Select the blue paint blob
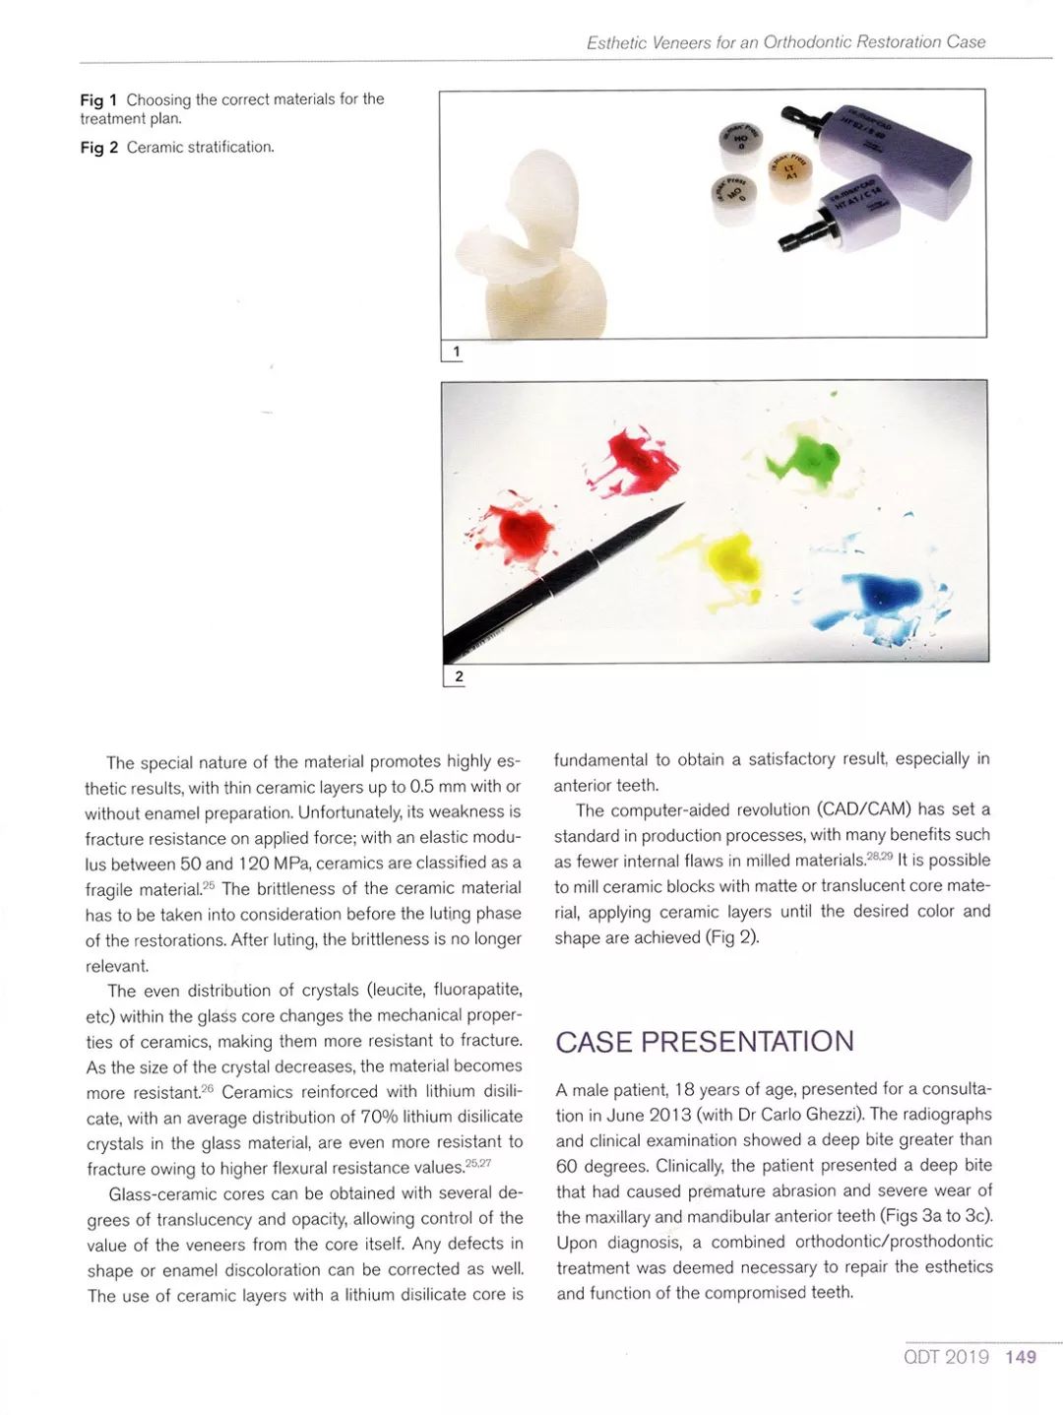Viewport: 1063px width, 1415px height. (884, 594)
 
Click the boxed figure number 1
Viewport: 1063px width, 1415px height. (455, 352)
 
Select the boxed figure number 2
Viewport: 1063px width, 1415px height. (458, 676)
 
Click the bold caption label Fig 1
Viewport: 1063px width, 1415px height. (98, 99)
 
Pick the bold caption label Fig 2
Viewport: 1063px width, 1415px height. (98, 148)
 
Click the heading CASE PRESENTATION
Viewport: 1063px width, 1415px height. (705, 1042)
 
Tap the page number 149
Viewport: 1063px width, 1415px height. (1021, 1357)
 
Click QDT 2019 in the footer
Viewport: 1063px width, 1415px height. (946, 1357)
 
